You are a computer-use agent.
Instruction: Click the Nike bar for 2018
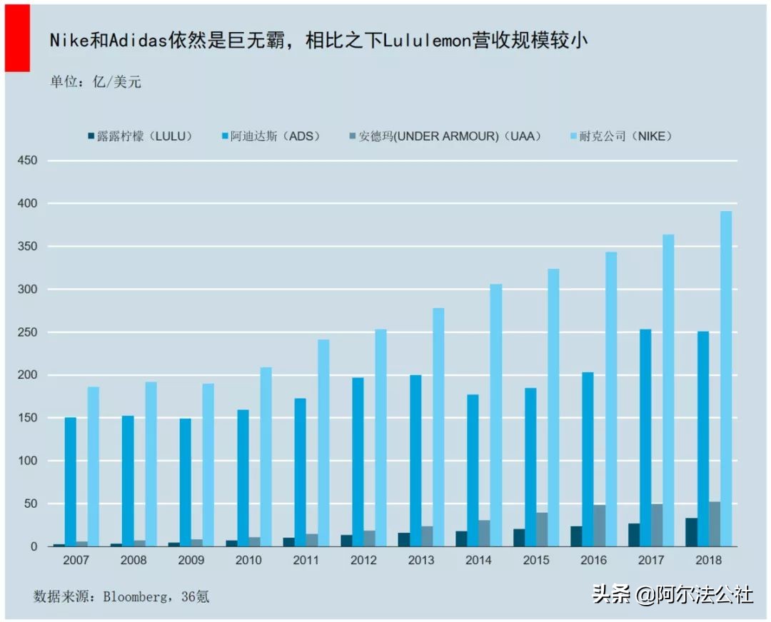[726, 378]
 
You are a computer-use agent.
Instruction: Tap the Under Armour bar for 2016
[600, 526]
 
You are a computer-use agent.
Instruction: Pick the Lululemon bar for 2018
[692, 532]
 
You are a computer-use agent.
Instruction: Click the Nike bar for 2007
[94, 466]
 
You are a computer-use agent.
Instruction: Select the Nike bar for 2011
[323, 442]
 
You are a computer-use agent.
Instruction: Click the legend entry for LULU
[143, 136]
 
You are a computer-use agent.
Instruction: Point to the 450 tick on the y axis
[26, 161]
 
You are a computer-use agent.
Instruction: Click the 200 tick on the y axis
[26, 375]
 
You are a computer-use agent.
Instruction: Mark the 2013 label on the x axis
[420, 561]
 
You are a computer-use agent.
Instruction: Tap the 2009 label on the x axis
[191, 561]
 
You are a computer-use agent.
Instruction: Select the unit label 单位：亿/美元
[95, 81]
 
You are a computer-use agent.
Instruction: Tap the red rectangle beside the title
[17, 37]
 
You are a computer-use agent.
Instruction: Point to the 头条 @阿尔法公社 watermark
[672, 594]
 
